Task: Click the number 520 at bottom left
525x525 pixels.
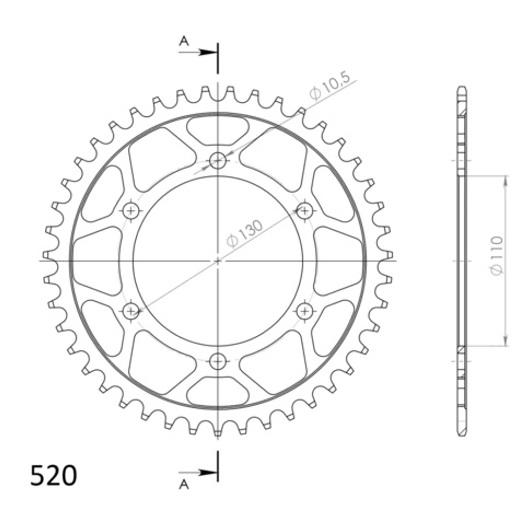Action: [54, 475]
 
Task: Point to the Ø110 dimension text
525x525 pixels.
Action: [497, 255]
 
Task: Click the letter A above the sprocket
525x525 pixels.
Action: [184, 41]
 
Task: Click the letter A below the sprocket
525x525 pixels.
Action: [184, 484]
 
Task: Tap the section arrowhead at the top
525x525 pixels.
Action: [208, 52]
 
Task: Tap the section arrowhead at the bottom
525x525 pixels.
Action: [208, 473]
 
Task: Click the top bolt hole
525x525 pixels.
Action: [218, 161]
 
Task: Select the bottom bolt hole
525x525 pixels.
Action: [218, 362]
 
